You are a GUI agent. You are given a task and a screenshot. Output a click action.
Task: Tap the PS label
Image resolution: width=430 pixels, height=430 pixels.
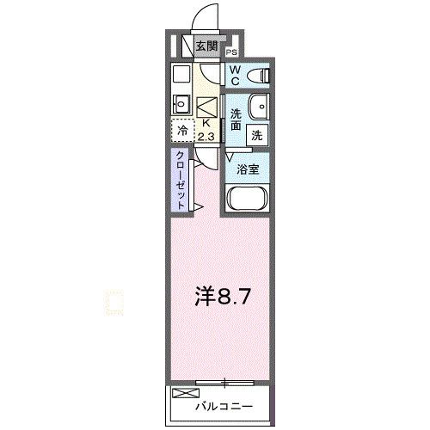[x=231, y=52]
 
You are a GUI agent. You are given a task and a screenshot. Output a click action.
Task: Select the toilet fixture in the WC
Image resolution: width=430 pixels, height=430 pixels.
[x=259, y=76]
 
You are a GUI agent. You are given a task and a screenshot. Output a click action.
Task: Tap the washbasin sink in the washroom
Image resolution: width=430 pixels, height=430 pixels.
[x=258, y=107]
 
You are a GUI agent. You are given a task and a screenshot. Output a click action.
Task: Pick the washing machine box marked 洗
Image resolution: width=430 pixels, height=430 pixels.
[x=257, y=134]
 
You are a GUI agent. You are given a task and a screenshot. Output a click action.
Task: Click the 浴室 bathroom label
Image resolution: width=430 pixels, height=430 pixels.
[x=248, y=169]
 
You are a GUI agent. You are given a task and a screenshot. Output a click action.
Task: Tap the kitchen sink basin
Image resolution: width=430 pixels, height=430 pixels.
[x=181, y=104]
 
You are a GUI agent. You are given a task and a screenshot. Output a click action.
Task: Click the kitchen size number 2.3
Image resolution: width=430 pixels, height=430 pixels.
[x=206, y=135]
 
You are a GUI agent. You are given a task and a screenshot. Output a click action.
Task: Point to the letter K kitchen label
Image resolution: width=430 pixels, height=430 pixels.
[x=206, y=123]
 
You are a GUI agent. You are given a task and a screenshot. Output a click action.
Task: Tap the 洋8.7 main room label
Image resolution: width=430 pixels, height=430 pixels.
[x=221, y=298]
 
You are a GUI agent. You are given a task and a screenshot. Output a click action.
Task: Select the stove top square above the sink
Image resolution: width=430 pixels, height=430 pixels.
[x=181, y=74]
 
